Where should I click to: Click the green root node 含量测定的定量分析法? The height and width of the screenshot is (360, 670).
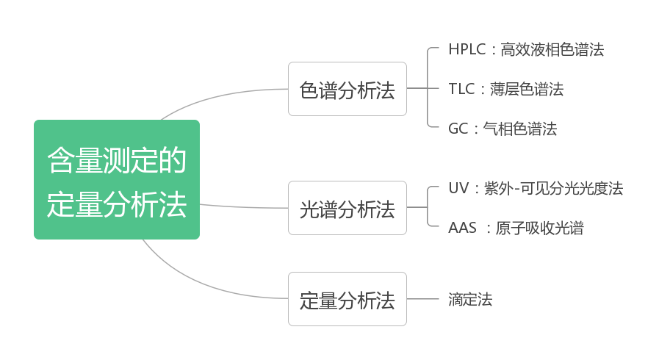[x=116, y=180]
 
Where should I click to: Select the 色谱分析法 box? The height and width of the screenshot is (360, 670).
[x=347, y=89]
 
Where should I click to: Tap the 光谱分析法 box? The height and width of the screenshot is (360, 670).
[x=347, y=208]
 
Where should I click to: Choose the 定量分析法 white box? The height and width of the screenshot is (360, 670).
[x=347, y=299]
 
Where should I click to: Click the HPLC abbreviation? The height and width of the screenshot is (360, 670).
[x=467, y=50]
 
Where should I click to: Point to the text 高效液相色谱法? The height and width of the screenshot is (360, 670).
[x=552, y=50]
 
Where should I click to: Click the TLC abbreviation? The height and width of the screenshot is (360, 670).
[x=461, y=90]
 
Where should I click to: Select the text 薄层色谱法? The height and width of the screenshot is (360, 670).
[x=527, y=90]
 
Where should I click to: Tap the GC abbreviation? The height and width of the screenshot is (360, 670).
[x=458, y=129]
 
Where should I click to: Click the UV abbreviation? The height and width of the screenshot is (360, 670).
[x=458, y=188]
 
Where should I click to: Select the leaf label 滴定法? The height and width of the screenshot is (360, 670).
[x=470, y=299]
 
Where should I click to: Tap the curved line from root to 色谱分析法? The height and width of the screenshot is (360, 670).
[x=220, y=94]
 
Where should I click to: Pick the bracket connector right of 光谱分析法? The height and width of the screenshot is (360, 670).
[x=428, y=208]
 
